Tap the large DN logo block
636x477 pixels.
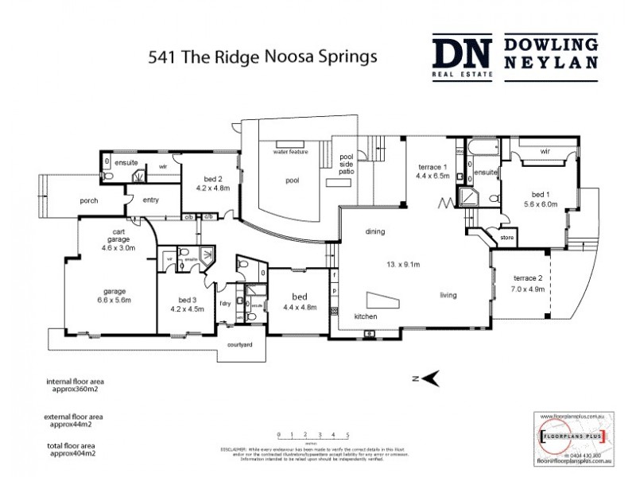(x=463, y=56)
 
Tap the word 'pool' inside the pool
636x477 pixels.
(x=293, y=180)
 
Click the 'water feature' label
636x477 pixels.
(x=290, y=150)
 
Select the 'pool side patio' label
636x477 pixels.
(x=346, y=163)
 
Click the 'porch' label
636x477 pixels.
(x=89, y=201)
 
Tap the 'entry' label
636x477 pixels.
(x=151, y=200)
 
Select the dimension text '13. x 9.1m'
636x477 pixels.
(x=404, y=263)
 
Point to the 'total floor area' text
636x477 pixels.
(x=74, y=448)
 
